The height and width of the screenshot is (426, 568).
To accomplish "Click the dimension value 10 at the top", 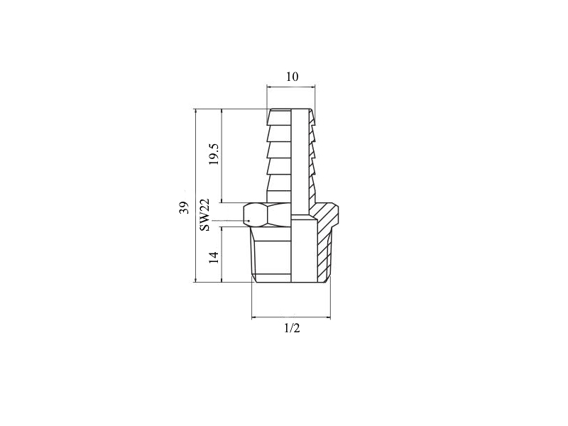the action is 293,77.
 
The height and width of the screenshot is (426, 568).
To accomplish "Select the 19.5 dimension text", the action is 214,154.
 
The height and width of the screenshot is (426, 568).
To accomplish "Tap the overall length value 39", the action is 185,207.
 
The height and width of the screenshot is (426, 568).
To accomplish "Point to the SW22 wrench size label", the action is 204,215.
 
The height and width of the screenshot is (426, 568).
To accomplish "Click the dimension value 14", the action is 214,257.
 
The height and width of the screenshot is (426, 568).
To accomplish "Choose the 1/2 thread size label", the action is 292,328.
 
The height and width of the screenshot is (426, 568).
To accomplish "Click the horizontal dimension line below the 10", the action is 291,87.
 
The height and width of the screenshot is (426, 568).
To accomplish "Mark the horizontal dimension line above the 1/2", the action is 291,317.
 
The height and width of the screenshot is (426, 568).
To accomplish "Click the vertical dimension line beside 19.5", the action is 222,155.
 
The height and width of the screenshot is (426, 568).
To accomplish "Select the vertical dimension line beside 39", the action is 196,195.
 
